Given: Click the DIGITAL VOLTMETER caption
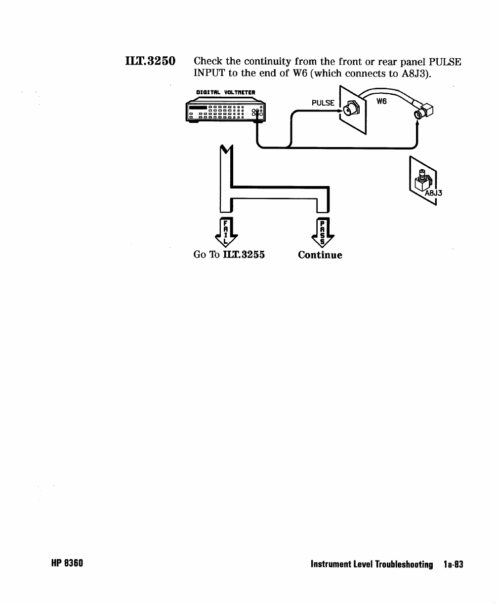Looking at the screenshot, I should [x=225, y=91].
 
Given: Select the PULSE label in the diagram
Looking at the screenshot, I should [x=323, y=103].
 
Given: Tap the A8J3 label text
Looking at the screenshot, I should [x=434, y=193].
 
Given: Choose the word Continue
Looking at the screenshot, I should [x=320, y=255].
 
